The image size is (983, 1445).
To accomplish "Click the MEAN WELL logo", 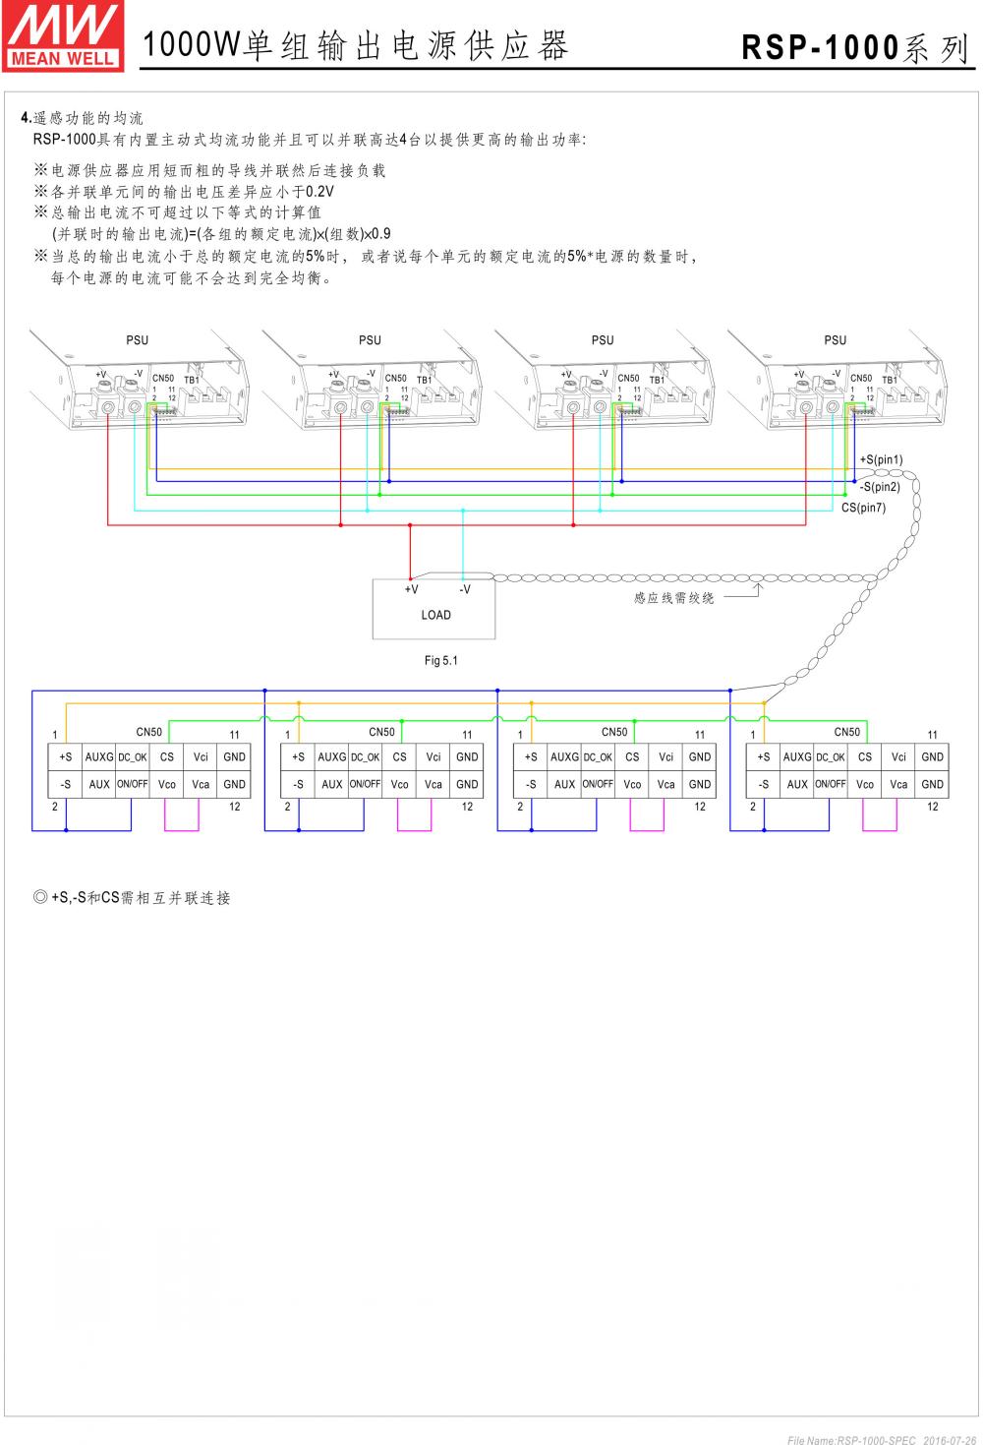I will (x=63, y=36).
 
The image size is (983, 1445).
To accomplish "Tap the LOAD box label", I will (x=435, y=616).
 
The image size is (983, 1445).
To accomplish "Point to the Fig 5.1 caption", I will (x=441, y=661).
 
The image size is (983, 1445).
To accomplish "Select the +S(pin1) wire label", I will (x=881, y=460).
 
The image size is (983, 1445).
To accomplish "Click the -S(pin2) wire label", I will (x=880, y=487).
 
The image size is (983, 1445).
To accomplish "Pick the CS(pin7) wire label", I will (x=863, y=509).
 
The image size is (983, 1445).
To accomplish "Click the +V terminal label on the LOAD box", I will (x=411, y=590).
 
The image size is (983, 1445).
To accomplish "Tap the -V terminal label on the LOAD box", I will (x=465, y=590).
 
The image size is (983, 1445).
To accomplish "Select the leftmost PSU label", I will (x=138, y=340).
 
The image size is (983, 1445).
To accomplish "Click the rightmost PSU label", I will (x=836, y=340).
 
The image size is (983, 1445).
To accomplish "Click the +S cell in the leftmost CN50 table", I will (x=66, y=757).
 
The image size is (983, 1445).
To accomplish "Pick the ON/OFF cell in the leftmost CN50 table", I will (x=133, y=785).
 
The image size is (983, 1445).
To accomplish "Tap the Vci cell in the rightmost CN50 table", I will (x=898, y=757).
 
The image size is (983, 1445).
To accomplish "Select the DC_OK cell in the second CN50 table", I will (x=365, y=757).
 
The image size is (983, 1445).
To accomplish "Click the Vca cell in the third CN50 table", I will (x=666, y=785).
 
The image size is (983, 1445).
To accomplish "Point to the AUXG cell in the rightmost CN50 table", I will (x=797, y=757).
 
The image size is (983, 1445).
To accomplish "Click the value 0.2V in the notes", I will (x=320, y=192).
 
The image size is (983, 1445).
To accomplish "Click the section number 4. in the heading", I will (x=27, y=118).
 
